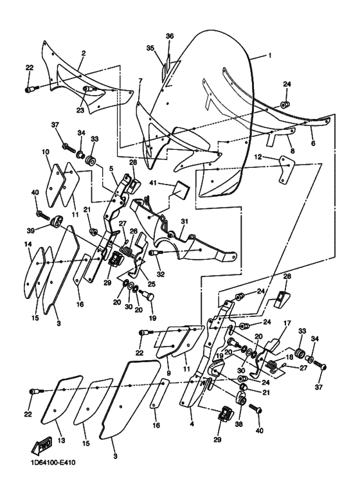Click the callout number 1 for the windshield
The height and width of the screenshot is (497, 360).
click(x=270, y=55)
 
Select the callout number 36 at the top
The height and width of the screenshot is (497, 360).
click(x=170, y=36)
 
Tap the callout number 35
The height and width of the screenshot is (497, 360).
click(x=150, y=48)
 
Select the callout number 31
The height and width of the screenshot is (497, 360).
click(x=184, y=222)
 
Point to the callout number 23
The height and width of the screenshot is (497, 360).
click(x=80, y=111)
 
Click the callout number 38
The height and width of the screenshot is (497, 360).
click(x=239, y=424)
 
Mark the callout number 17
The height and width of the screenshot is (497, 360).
click(x=287, y=323)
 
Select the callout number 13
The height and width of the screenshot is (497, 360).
click(x=61, y=440)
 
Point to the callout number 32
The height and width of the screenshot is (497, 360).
click(x=161, y=275)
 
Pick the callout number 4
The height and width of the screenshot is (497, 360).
click(x=192, y=424)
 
